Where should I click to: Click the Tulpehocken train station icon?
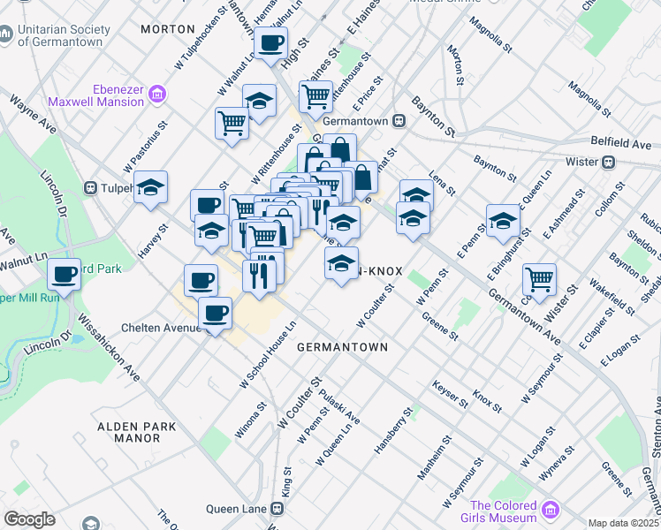[x=90, y=188]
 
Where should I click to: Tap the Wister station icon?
[x=608, y=163]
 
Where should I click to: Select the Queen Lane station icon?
[x=277, y=509]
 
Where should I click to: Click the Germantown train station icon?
[x=399, y=120]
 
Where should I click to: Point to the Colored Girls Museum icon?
[x=551, y=510]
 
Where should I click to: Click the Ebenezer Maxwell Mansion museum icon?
[x=157, y=93]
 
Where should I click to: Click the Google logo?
[x=29, y=519]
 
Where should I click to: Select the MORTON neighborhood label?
[x=167, y=29]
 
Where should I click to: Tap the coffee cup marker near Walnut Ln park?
[x=65, y=275]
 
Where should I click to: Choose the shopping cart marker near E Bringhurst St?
[x=539, y=279]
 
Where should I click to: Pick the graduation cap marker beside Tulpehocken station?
[x=151, y=187]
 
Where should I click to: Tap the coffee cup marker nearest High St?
[x=271, y=42]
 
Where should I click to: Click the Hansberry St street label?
[x=393, y=431]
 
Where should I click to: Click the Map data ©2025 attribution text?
[x=624, y=523]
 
